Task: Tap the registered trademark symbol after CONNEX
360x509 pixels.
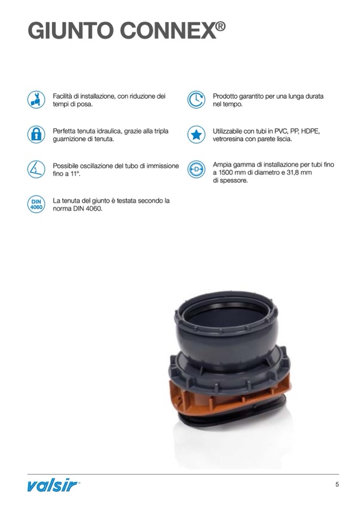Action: [220, 26]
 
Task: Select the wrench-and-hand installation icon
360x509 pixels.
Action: [36, 100]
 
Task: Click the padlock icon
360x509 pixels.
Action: [36, 134]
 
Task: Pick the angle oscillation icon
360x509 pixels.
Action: [36, 169]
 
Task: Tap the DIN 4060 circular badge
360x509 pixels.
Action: [36, 204]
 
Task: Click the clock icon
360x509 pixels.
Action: [196, 100]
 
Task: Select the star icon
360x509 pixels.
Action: [196, 134]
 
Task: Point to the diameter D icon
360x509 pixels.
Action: [196, 169]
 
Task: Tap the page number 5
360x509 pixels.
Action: [337, 485]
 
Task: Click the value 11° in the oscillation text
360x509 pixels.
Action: [75, 174]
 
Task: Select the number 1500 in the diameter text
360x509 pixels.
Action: [225, 172]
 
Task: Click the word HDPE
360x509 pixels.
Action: [311, 131]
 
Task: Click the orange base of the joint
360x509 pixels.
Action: [227, 399]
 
